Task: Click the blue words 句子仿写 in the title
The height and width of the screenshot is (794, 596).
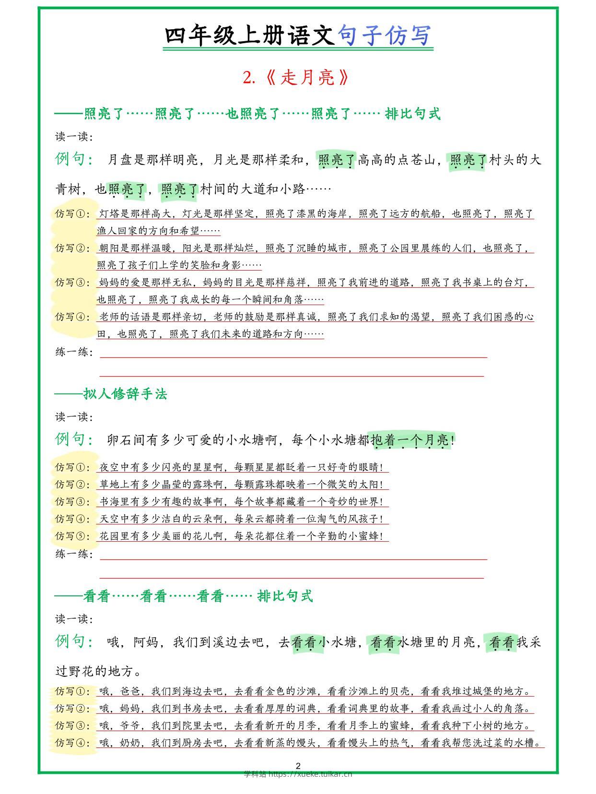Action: coord(385,36)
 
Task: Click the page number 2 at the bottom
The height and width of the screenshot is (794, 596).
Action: coord(298,766)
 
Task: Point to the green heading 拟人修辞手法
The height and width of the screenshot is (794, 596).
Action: coord(125,394)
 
